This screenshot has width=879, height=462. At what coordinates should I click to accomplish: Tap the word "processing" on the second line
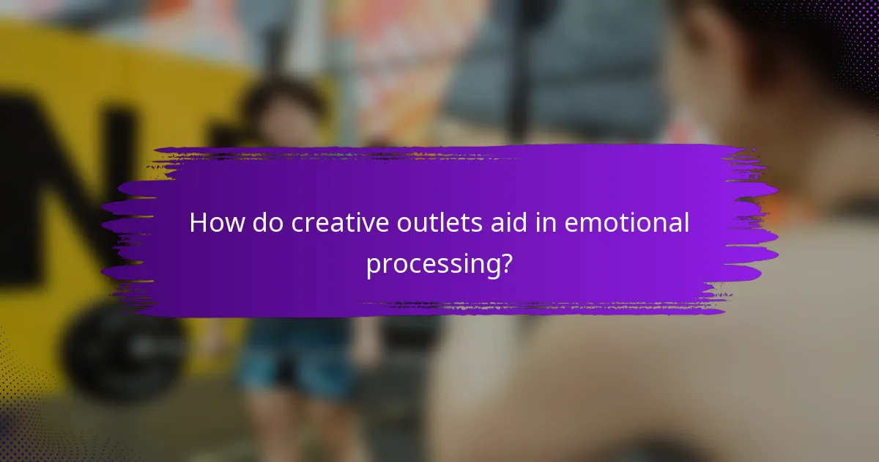[430, 264]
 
